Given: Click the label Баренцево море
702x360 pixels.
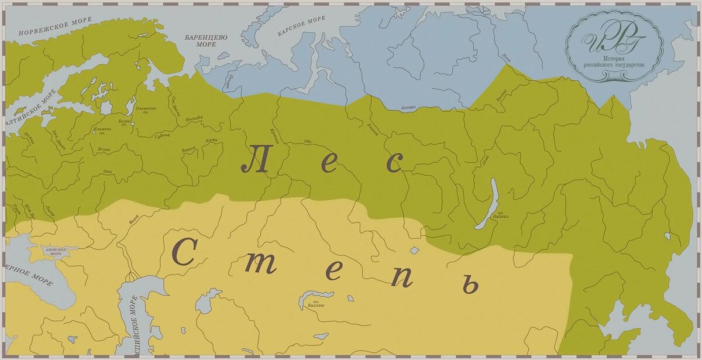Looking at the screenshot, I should coord(206,40).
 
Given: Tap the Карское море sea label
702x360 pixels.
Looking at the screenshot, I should coord(301,26).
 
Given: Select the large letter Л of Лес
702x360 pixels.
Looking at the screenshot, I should coord(255,159).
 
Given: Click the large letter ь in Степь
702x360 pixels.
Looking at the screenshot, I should coord(468,285).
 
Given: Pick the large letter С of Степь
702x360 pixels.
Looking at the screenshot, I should coord(183,252).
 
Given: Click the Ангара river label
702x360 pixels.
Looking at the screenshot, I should coord(408,108).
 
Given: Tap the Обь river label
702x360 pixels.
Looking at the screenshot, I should coord(308,141).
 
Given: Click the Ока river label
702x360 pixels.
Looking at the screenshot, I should coord(107,172).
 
